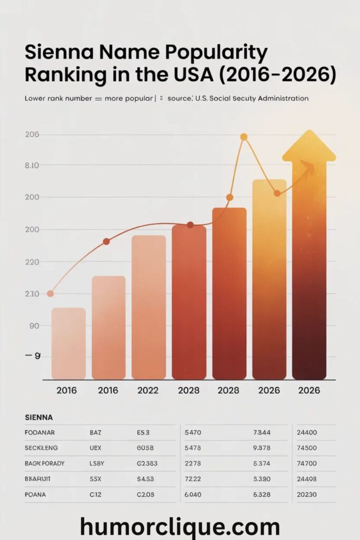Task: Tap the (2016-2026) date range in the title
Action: point(275,74)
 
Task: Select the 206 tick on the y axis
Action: point(32,134)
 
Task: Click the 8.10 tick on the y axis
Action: point(32,165)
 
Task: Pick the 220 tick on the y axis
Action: point(32,262)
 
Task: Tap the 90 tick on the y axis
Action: point(32,325)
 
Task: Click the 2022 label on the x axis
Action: point(149,391)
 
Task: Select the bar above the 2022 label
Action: point(149,307)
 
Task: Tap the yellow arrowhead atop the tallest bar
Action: point(309,146)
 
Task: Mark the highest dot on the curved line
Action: point(244,137)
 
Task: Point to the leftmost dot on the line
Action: point(50,294)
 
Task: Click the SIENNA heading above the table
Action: point(39,417)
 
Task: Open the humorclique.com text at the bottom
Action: point(180,527)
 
